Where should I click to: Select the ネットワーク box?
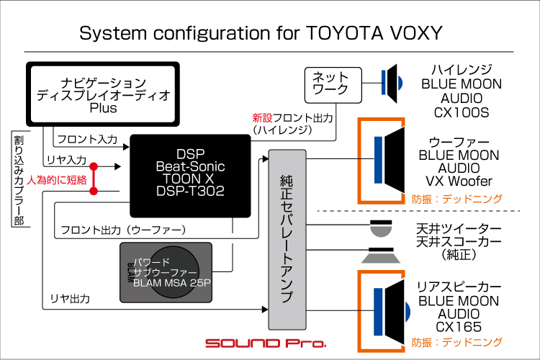tap(331, 84)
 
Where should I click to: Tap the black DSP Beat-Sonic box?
tap(190, 175)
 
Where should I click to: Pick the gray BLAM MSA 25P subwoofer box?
tap(166, 271)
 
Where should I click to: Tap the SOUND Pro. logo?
tap(266, 343)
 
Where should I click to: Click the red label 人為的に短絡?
tap(57, 179)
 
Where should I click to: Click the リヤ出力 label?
tap(70, 298)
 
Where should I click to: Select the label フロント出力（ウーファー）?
tap(124, 230)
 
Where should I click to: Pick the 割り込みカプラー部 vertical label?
tap(18, 180)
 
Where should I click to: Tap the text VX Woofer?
tap(459, 181)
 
